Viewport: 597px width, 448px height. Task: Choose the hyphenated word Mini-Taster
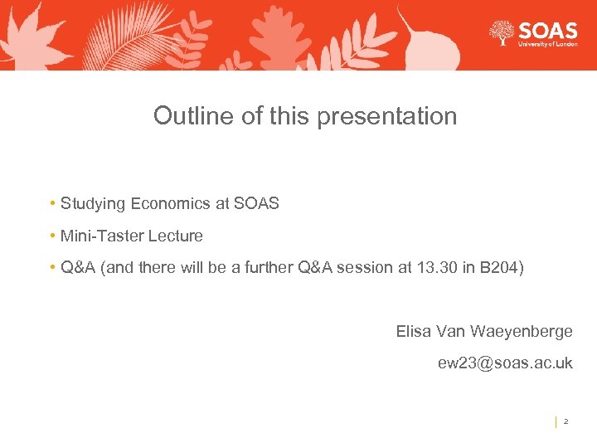[x=102, y=236]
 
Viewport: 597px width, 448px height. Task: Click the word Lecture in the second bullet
[x=175, y=236]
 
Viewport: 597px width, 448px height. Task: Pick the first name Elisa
[x=413, y=332]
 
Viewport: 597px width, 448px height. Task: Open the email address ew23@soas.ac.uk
[x=505, y=363]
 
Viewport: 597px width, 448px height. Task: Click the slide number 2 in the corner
[x=565, y=421]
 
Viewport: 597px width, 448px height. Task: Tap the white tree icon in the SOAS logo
[x=502, y=34]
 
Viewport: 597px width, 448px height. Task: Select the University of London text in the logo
[x=547, y=45]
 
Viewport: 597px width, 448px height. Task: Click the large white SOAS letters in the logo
[x=547, y=31]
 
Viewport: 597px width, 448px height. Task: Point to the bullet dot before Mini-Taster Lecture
[x=52, y=236]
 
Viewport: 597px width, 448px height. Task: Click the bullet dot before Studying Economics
[x=52, y=204]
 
